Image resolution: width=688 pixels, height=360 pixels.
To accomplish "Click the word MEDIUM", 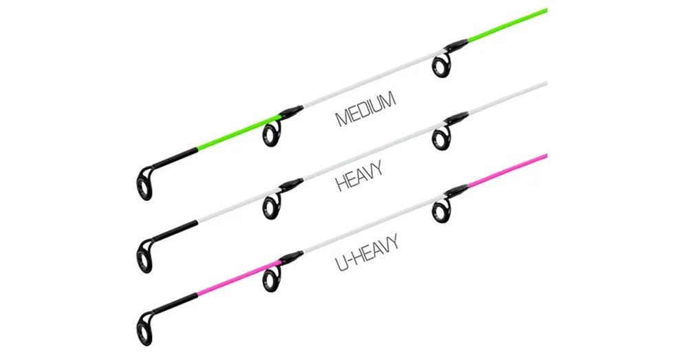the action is click(366, 109).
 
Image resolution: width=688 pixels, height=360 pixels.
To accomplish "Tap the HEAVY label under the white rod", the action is click(359, 176).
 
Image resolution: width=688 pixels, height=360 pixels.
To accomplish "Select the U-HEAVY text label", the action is click(367, 253).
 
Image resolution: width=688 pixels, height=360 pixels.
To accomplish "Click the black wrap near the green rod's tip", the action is click(175, 158).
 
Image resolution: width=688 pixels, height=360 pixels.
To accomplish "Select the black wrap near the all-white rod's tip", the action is click(175, 231).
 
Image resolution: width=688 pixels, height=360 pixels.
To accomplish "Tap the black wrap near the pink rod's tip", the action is click(175, 303).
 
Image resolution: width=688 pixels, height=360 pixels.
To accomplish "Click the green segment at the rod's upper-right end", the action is click(508, 25).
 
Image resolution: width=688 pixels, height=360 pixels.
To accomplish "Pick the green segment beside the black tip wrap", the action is click(239, 133).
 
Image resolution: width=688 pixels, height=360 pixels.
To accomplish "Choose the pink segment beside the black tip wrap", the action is click(239, 278).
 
